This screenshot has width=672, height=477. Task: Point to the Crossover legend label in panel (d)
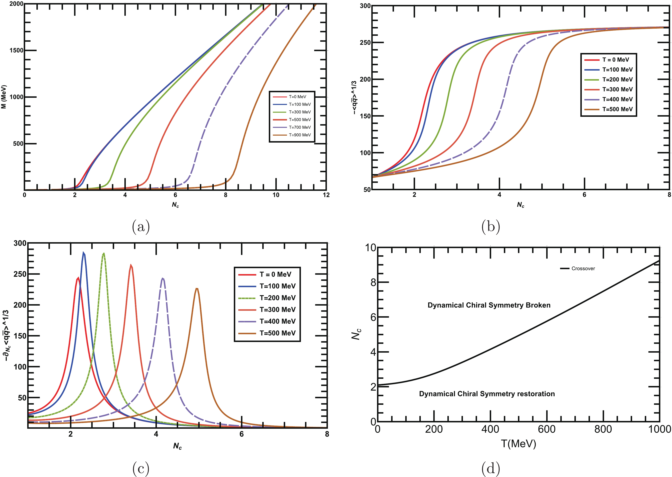click(x=583, y=268)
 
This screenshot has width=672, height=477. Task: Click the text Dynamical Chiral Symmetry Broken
click(x=489, y=305)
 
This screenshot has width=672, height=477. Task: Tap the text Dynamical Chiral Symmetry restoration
click(x=487, y=394)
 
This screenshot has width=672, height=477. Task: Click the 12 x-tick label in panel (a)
click(x=326, y=195)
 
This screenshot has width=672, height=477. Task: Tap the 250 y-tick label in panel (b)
click(x=365, y=43)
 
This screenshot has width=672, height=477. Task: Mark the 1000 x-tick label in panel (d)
click(x=659, y=429)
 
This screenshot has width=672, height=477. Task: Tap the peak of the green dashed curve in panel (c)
click(x=104, y=253)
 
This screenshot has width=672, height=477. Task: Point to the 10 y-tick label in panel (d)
click(x=371, y=248)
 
